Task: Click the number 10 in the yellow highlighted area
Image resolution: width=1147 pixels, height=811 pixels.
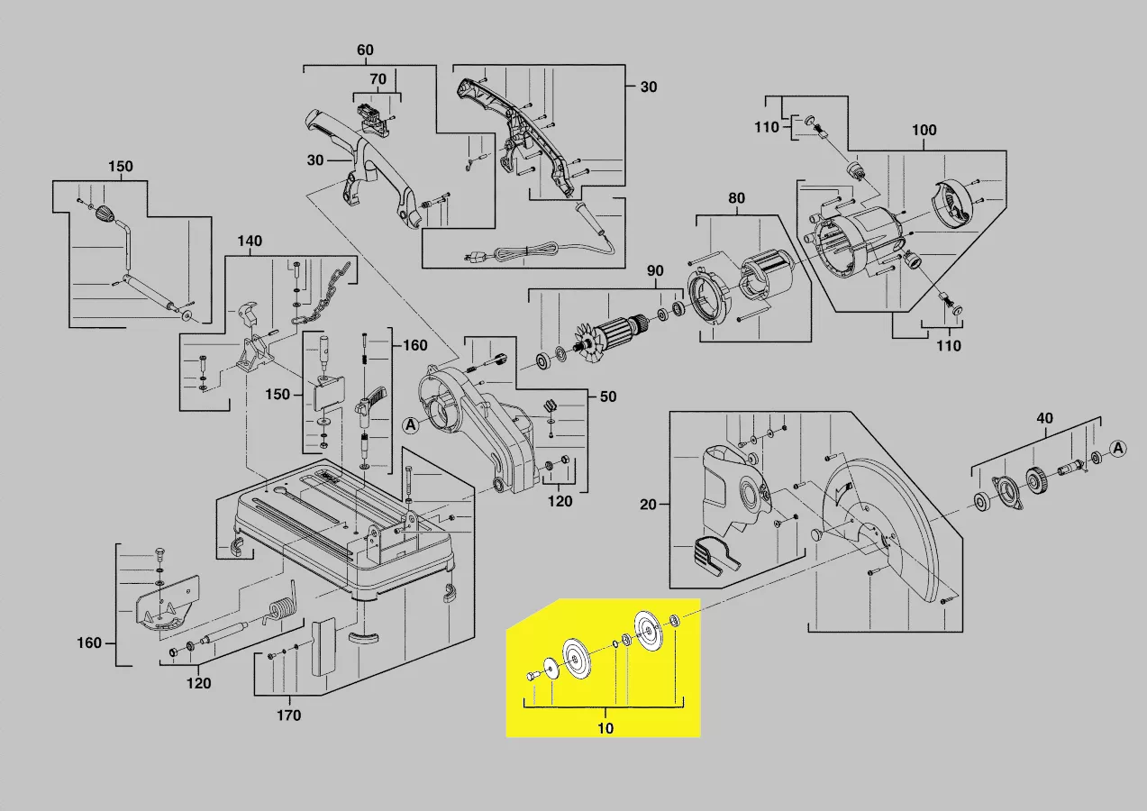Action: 605,728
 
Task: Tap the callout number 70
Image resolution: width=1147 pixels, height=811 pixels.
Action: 378,79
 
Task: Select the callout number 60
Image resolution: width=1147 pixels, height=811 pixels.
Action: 365,50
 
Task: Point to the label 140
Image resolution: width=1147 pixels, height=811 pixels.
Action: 250,241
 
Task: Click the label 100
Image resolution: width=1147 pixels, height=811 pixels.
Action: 924,130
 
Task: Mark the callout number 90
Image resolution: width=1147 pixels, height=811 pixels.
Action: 655,271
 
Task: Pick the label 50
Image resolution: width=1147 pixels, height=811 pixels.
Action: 609,396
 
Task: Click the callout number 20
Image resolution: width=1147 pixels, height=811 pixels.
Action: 649,505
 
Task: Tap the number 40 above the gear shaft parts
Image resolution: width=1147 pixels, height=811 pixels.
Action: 1044,418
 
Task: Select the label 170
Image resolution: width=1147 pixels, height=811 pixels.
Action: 288,715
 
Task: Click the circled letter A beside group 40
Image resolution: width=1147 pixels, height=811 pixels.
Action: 1118,448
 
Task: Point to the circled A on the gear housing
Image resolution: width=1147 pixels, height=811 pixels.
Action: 410,425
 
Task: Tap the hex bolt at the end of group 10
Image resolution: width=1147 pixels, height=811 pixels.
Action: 532,675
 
